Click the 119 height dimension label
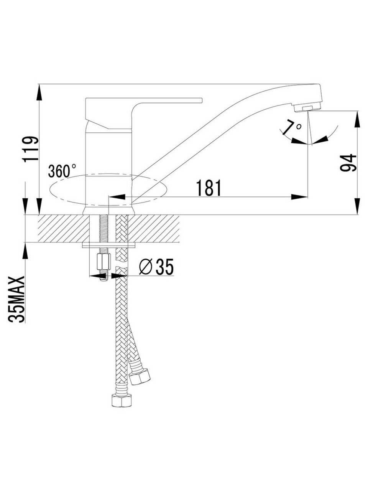pyautogui.click(x=30, y=149)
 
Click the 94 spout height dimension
pyautogui.click(x=348, y=163)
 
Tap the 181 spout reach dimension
pyautogui.click(x=209, y=188)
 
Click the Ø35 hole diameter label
pyautogui.click(x=156, y=267)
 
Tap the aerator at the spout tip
pyautogui.click(x=307, y=109)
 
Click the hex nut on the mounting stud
pyautogui.click(x=103, y=262)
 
